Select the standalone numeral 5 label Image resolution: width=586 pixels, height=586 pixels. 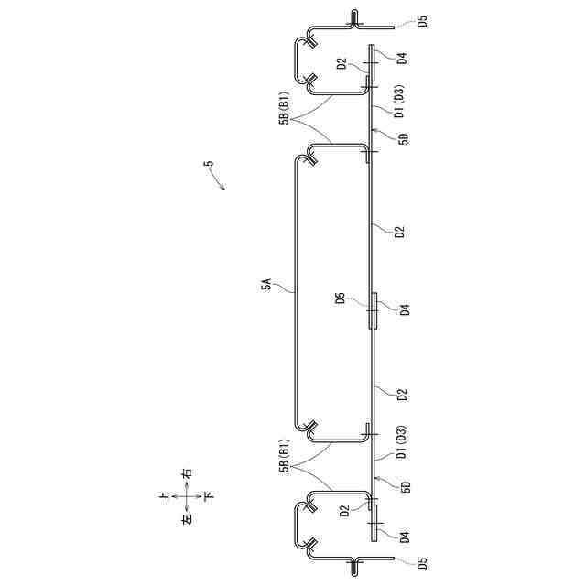tap(210, 163)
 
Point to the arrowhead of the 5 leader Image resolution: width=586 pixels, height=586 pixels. tap(224, 189)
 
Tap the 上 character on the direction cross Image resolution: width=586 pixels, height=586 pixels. tap(165, 496)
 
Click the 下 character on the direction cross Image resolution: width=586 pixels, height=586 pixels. tap(209, 496)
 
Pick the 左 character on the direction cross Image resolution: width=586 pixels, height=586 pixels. tap(187, 519)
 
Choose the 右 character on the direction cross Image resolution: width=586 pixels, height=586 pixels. tap(187, 474)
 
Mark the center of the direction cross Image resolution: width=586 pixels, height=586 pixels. tap(187, 496)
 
